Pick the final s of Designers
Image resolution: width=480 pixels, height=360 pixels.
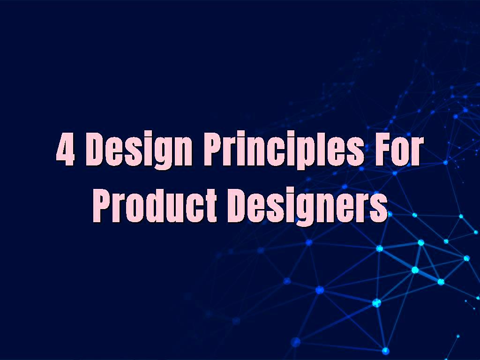tap(380, 208)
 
